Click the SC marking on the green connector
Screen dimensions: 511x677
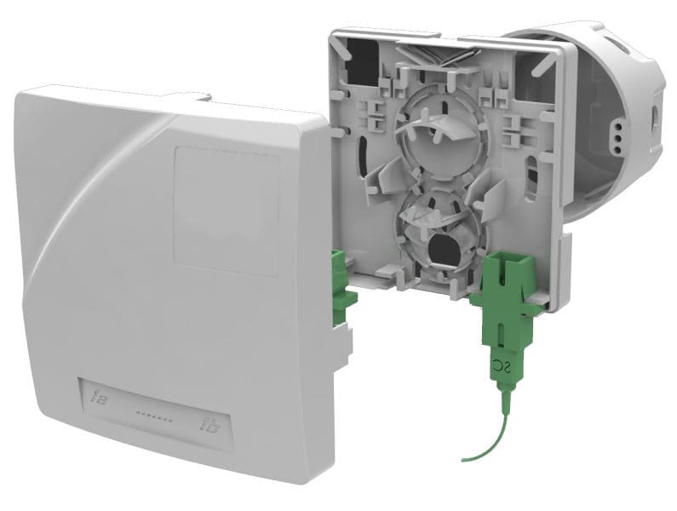(501, 368)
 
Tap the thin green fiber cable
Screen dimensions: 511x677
(491, 434)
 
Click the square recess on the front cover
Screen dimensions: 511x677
(226, 210)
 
